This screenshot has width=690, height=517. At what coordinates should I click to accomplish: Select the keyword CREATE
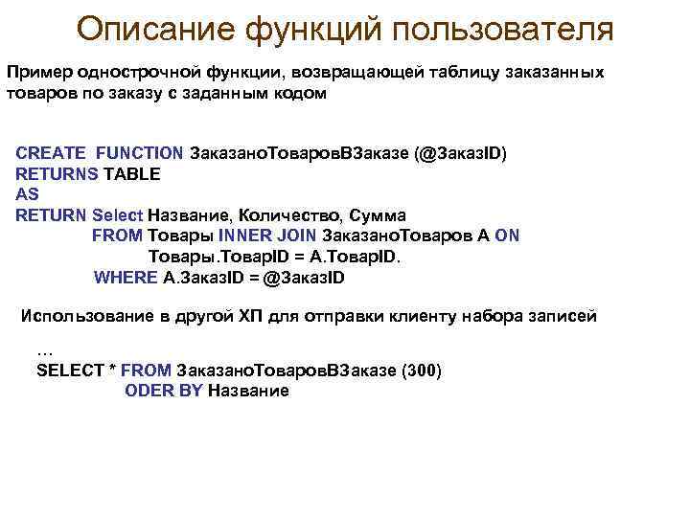tap(52, 153)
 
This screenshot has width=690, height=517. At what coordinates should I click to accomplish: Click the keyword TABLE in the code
tap(132, 174)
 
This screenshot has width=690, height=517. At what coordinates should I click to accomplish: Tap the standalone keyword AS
tap(28, 194)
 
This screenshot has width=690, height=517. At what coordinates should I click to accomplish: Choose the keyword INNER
tap(244, 236)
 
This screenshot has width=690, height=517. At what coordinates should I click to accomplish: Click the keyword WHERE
tap(126, 278)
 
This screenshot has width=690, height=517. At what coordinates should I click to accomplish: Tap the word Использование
tap(86, 316)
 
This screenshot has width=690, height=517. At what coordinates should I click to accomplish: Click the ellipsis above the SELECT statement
tap(44, 350)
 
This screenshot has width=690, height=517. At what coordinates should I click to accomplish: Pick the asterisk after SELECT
tap(112, 370)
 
